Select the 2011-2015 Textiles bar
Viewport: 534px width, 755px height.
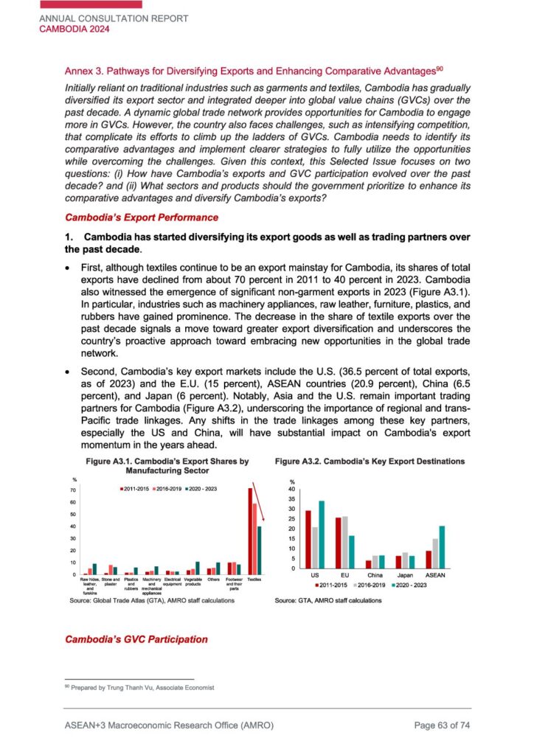point(250,531)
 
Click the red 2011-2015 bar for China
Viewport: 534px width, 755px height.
point(368,564)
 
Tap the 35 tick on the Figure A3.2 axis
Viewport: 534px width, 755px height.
point(291,499)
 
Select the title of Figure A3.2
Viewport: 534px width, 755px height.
point(370,461)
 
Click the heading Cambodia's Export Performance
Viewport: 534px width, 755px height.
point(142,218)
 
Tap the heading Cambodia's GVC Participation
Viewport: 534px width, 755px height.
point(136,639)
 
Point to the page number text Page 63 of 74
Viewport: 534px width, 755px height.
point(442,726)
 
